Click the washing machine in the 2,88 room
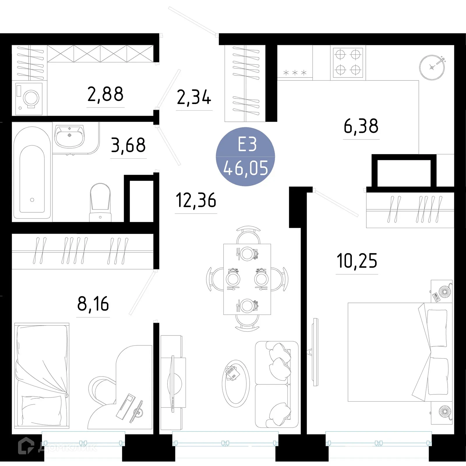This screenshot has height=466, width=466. point(29,98)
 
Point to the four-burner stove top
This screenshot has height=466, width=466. point(348,62)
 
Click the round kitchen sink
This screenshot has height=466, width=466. point(432,68)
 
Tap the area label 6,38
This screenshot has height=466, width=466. point(361,126)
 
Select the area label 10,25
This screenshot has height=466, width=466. point(357,261)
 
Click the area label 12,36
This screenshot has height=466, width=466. point(196,200)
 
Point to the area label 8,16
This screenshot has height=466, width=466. point(93,304)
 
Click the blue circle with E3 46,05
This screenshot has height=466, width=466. point(245,157)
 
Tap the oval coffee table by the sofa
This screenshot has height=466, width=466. point(236,383)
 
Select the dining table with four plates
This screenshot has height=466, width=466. point(247,279)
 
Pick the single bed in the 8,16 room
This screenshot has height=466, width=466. point(42,376)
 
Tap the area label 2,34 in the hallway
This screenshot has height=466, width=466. point(194,97)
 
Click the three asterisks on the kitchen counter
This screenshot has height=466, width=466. point(295,73)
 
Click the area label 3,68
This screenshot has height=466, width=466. point(128,145)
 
